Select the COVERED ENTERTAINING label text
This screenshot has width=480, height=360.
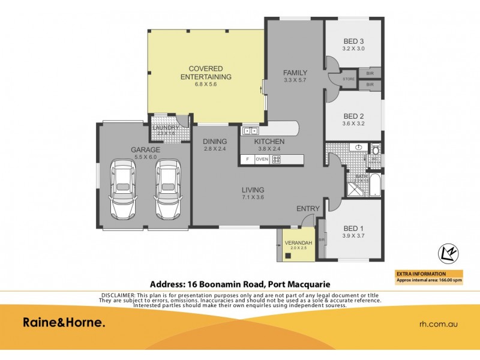pos(206,73)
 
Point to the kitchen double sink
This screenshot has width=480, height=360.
pos(250,131)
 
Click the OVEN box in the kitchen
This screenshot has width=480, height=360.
pos(262,160)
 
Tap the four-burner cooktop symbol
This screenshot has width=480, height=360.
pos(277,160)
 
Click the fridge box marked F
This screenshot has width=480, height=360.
pos(246,160)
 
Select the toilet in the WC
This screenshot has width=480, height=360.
pos(376,149)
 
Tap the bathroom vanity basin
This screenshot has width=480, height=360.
pos(358,147)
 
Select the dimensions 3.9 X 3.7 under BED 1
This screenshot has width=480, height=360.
pos(353,236)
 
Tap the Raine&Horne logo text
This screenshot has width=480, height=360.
pos(64,323)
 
